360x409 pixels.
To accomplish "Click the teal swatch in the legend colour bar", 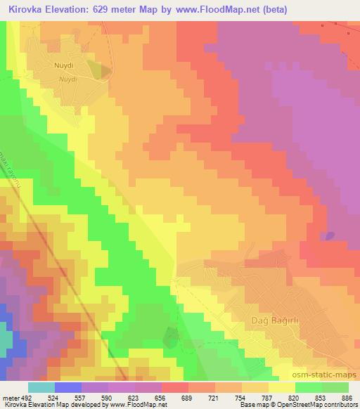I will point(41,387).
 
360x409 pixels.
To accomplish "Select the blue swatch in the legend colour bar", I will point(68,387).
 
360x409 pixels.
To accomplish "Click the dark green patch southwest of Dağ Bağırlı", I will point(171,337).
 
